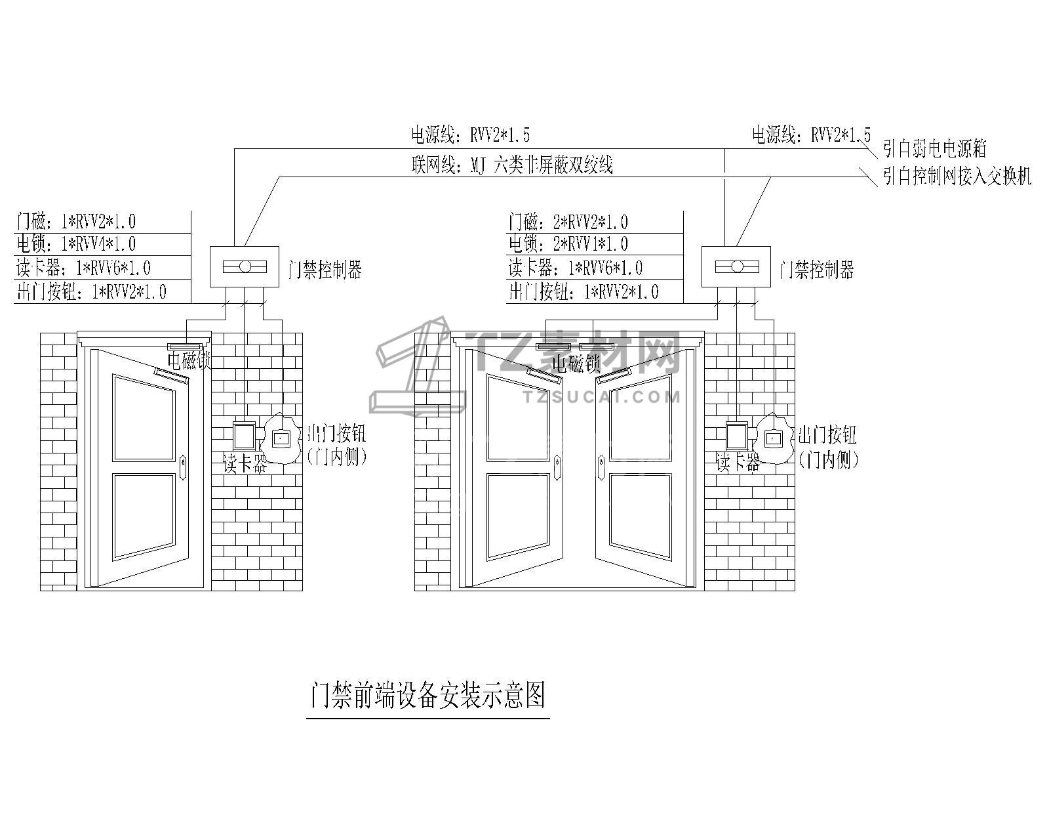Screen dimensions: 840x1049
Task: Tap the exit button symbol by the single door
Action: pyautogui.click(x=281, y=437)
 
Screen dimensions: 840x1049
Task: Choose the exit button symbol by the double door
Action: pyautogui.click(x=774, y=437)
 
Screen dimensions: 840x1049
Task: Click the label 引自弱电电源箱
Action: pyautogui.click(x=934, y=149)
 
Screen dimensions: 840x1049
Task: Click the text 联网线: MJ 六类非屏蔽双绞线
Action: pyautogui.click(x=512, y=165)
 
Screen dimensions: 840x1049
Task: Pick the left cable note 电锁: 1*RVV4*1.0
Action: pyautogui.click(x=76, y=244)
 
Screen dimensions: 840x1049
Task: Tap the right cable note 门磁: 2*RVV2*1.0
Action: pyautogui.click(x=568, y=221)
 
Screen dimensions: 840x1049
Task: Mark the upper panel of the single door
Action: pyautogui.click(x=144, y=418)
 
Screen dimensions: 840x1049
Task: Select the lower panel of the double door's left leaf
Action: pyautogui.click(x=518, y=516)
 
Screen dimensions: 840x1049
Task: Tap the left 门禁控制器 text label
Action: pyautogui.click(x=325, y=269)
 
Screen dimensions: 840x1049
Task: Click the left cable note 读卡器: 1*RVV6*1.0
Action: pyautogui.click(x=83, y=268)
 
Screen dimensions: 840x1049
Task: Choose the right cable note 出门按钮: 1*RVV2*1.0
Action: pyautogui.click(x=584, y=292)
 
